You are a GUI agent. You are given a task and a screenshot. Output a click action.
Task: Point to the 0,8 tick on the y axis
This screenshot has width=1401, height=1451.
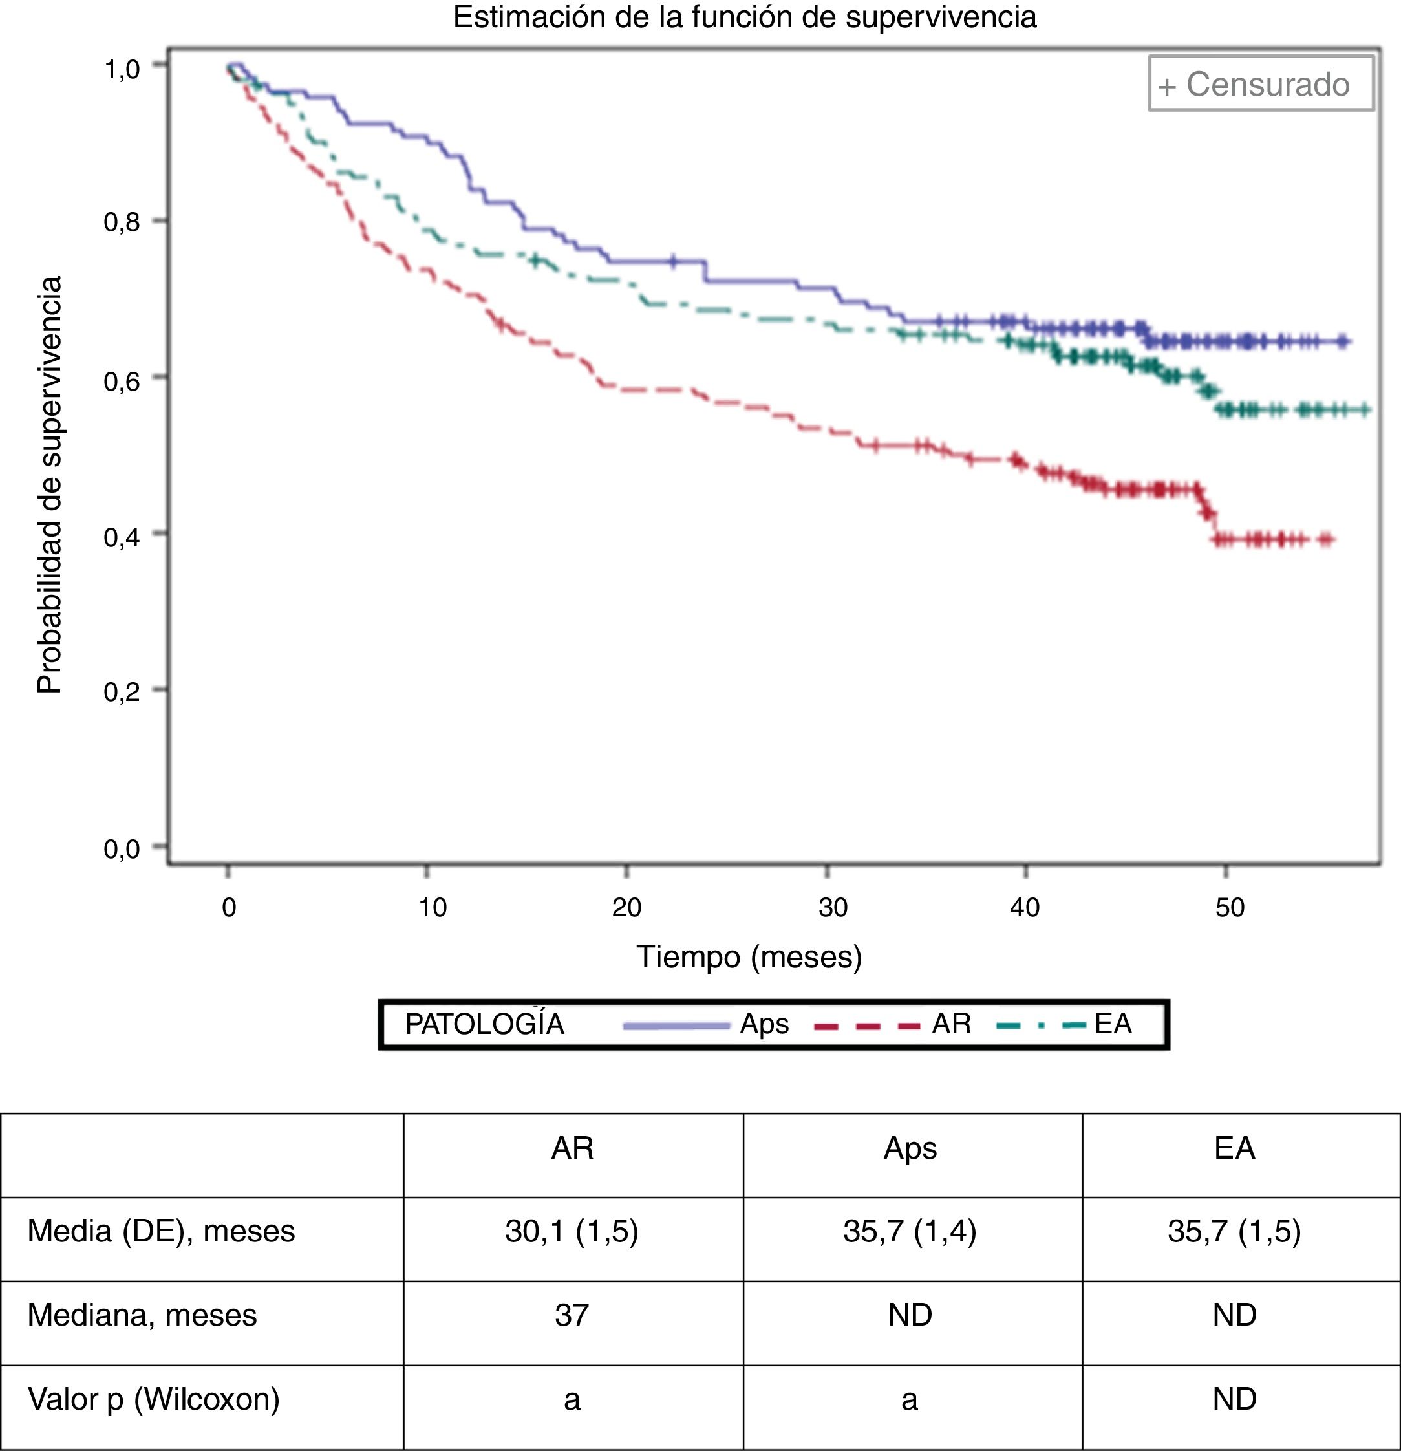[122, 221]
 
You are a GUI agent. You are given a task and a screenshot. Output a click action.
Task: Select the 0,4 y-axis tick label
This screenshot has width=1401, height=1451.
[122, 537]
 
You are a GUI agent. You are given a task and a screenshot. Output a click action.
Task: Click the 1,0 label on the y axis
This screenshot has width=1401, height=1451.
[122, 69]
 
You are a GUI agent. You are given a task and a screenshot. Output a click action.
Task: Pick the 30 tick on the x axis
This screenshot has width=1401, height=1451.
[833, 907]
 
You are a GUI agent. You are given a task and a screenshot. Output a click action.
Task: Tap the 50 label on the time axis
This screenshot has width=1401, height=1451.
[1230, 907]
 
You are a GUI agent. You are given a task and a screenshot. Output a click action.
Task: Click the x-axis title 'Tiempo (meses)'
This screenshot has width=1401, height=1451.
[749, 956]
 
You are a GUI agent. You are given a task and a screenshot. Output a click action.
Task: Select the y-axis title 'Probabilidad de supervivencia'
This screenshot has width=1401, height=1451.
[50, 485]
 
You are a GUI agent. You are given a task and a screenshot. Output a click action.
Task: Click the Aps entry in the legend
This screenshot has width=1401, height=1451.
[764, 1024]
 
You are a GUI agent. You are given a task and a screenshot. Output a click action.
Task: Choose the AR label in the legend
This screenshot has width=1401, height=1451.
[951, 1024]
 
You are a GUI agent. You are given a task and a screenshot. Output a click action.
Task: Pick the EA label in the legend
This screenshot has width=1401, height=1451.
[1113, 1024]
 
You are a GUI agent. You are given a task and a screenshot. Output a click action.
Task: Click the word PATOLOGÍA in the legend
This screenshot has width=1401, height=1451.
[485, 1024]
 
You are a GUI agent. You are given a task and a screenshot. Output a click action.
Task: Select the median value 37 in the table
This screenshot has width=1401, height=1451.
[572, 1314]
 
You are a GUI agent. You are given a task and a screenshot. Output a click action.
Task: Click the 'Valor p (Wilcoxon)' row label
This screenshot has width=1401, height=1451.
[154, 1399]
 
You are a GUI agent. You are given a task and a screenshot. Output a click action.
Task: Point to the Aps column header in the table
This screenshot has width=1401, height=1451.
[910, 1148]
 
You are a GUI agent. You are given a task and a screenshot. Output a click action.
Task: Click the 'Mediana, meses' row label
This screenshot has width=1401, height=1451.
[142, 1314]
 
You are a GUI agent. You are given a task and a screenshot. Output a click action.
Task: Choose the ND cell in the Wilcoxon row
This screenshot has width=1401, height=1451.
[1234, 1399]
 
